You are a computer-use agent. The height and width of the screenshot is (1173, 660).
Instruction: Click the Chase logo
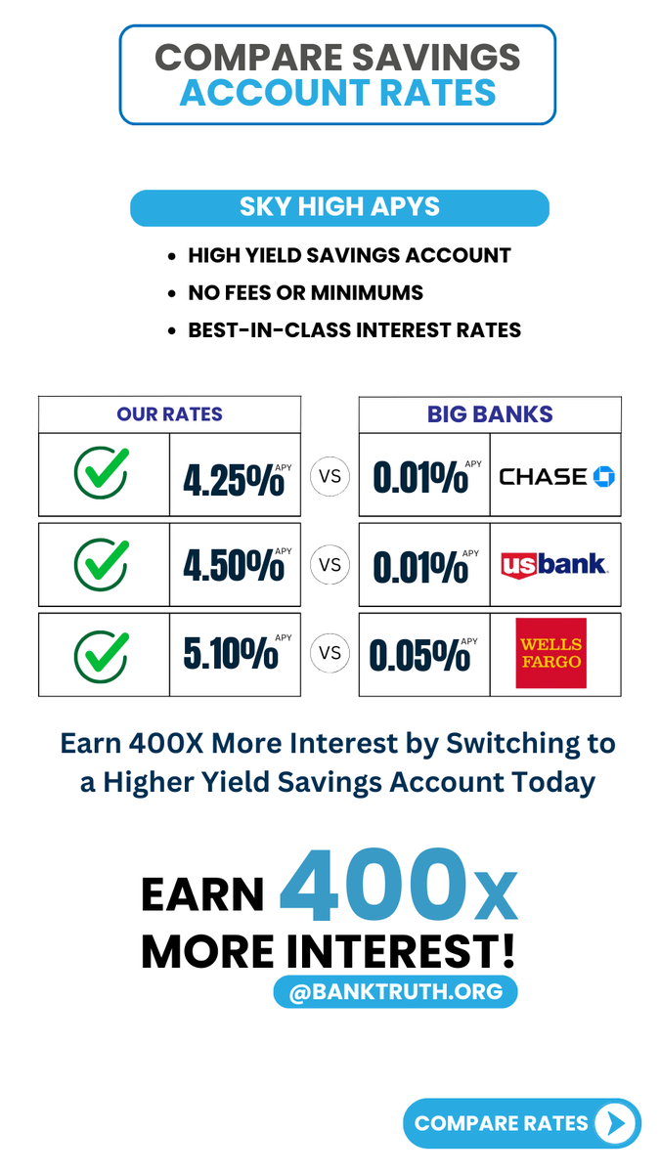click(x=555, y=476)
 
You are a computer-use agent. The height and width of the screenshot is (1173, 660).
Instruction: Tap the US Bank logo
click(x=553, y=564)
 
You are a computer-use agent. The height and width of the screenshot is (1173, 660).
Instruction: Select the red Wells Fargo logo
click(x=551, y=653)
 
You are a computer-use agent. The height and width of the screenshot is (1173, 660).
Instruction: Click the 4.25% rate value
click(x=234, y=478)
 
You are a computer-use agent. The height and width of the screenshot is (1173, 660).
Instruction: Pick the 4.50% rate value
click(x=234, y=566)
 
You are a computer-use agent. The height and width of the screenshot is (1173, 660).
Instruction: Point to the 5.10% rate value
click(x=232, y=654)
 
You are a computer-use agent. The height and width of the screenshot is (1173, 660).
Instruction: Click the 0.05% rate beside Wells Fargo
click(x=420, y=656)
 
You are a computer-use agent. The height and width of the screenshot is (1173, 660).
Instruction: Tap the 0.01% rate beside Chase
click(x=421, y=478)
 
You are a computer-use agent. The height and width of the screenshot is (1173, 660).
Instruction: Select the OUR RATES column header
click(x=169, y=414)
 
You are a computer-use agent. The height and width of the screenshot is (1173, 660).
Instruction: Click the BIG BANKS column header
click(x=490, y=414)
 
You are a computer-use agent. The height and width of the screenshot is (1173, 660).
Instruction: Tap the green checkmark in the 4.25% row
click(x=102, y=474)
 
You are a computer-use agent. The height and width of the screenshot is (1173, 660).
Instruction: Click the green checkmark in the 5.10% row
click(x=102, y=654)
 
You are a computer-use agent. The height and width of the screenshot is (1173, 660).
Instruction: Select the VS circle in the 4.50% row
click(x=330, y=565)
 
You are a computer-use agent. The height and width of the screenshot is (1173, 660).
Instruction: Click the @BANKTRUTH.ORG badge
click(x=395, y=992)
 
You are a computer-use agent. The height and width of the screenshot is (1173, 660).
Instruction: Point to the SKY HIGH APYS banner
click(x=339, y=207)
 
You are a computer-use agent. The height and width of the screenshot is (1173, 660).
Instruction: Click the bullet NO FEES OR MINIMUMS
click(x=306, y=292)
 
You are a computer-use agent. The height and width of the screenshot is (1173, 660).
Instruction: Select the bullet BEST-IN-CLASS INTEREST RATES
click(x=354, y=329)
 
